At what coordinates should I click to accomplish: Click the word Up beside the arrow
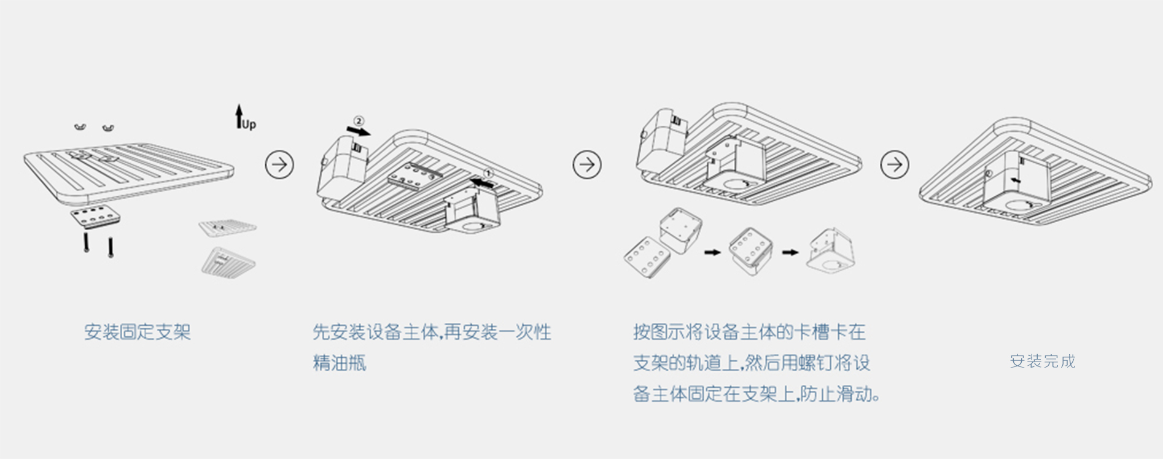[249, 125]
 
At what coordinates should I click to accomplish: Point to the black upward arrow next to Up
[239, 116]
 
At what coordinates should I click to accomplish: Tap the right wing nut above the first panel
[109, 128]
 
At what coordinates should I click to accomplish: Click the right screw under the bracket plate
[111, 247]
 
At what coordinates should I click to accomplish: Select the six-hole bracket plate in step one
[95, 217]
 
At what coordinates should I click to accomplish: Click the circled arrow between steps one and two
[279, 165]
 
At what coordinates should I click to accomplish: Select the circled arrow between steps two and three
[587, 164]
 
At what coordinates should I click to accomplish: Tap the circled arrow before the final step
[895, 164]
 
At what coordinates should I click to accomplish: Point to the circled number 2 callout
[359, 121]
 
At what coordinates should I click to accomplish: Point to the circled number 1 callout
[488, 174]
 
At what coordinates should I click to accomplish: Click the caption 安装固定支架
[138, 332]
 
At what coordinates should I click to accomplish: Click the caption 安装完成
[1043, 361]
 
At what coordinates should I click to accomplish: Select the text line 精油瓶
[340, 363]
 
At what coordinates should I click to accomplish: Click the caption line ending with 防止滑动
[757, 393]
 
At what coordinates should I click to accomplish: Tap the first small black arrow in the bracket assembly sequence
[712, 252]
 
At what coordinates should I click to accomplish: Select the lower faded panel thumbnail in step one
[228, 262]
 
